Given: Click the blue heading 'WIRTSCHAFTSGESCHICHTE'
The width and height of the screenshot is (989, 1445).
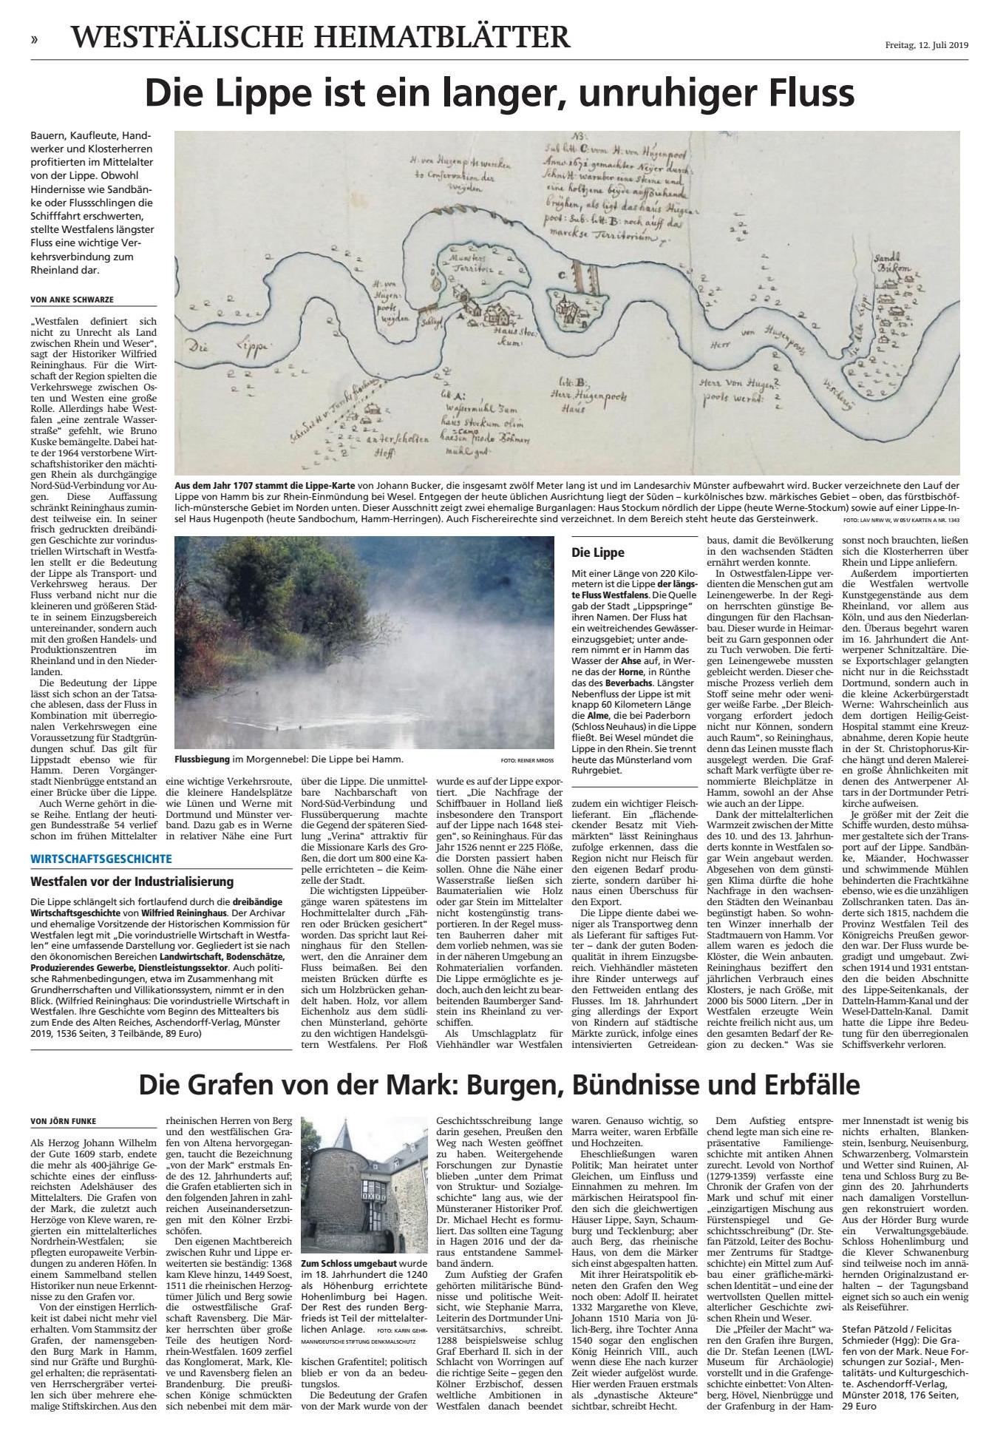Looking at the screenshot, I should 101,859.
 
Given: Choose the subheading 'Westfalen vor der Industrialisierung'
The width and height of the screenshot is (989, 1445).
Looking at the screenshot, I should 132,881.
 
